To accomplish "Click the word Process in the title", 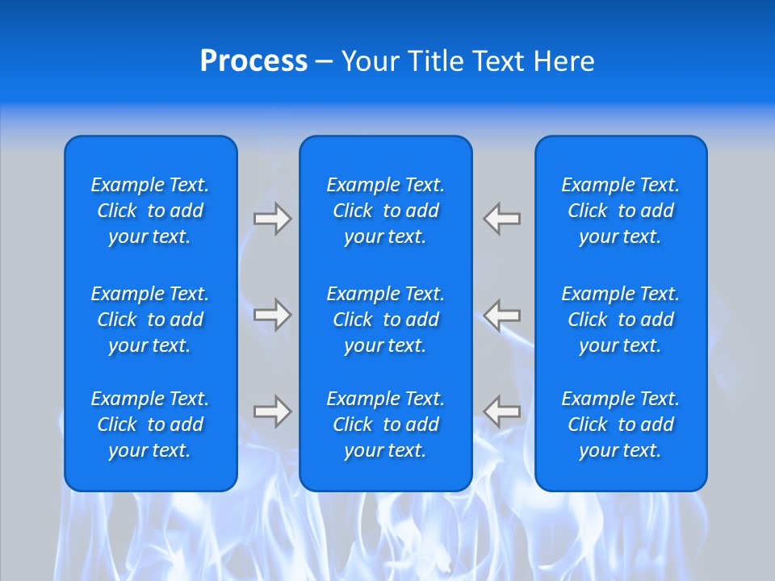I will pos(253,61).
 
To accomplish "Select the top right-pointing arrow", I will pos(272,219).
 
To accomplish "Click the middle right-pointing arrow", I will pos(272,314).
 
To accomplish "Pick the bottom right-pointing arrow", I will pos(272,412).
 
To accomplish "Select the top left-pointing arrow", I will pos(502,219).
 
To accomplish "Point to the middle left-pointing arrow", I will pos(502,314).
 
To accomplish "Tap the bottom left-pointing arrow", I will pos(502,412).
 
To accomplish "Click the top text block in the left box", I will pos(150,211).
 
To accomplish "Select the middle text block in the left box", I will pos(150,320).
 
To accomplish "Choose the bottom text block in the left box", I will pos(150,424).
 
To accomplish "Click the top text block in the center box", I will pos(386,211).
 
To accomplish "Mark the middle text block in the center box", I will pos(386,320).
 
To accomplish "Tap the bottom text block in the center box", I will pos(386,424).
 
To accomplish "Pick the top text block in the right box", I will pos(621,211).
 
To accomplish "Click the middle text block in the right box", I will pos(621,320).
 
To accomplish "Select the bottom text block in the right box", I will pos(621,424).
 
